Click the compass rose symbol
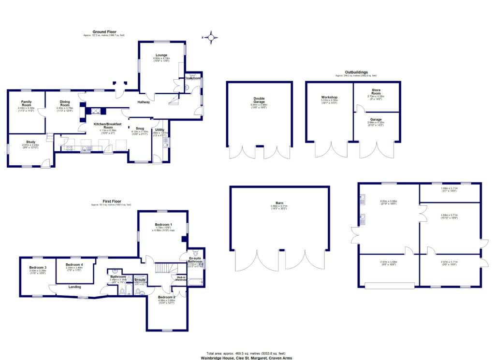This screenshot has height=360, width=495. tap(211, 37)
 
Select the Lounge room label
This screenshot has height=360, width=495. tap(161, 55)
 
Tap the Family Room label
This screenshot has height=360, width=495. tap(26, 103)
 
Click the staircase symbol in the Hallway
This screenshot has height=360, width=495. tap(174, 100)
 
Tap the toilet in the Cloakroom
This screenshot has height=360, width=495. tap(187, 86)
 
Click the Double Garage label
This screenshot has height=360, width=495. tap(259, 100)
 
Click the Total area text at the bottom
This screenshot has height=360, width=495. tap(247, 353)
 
